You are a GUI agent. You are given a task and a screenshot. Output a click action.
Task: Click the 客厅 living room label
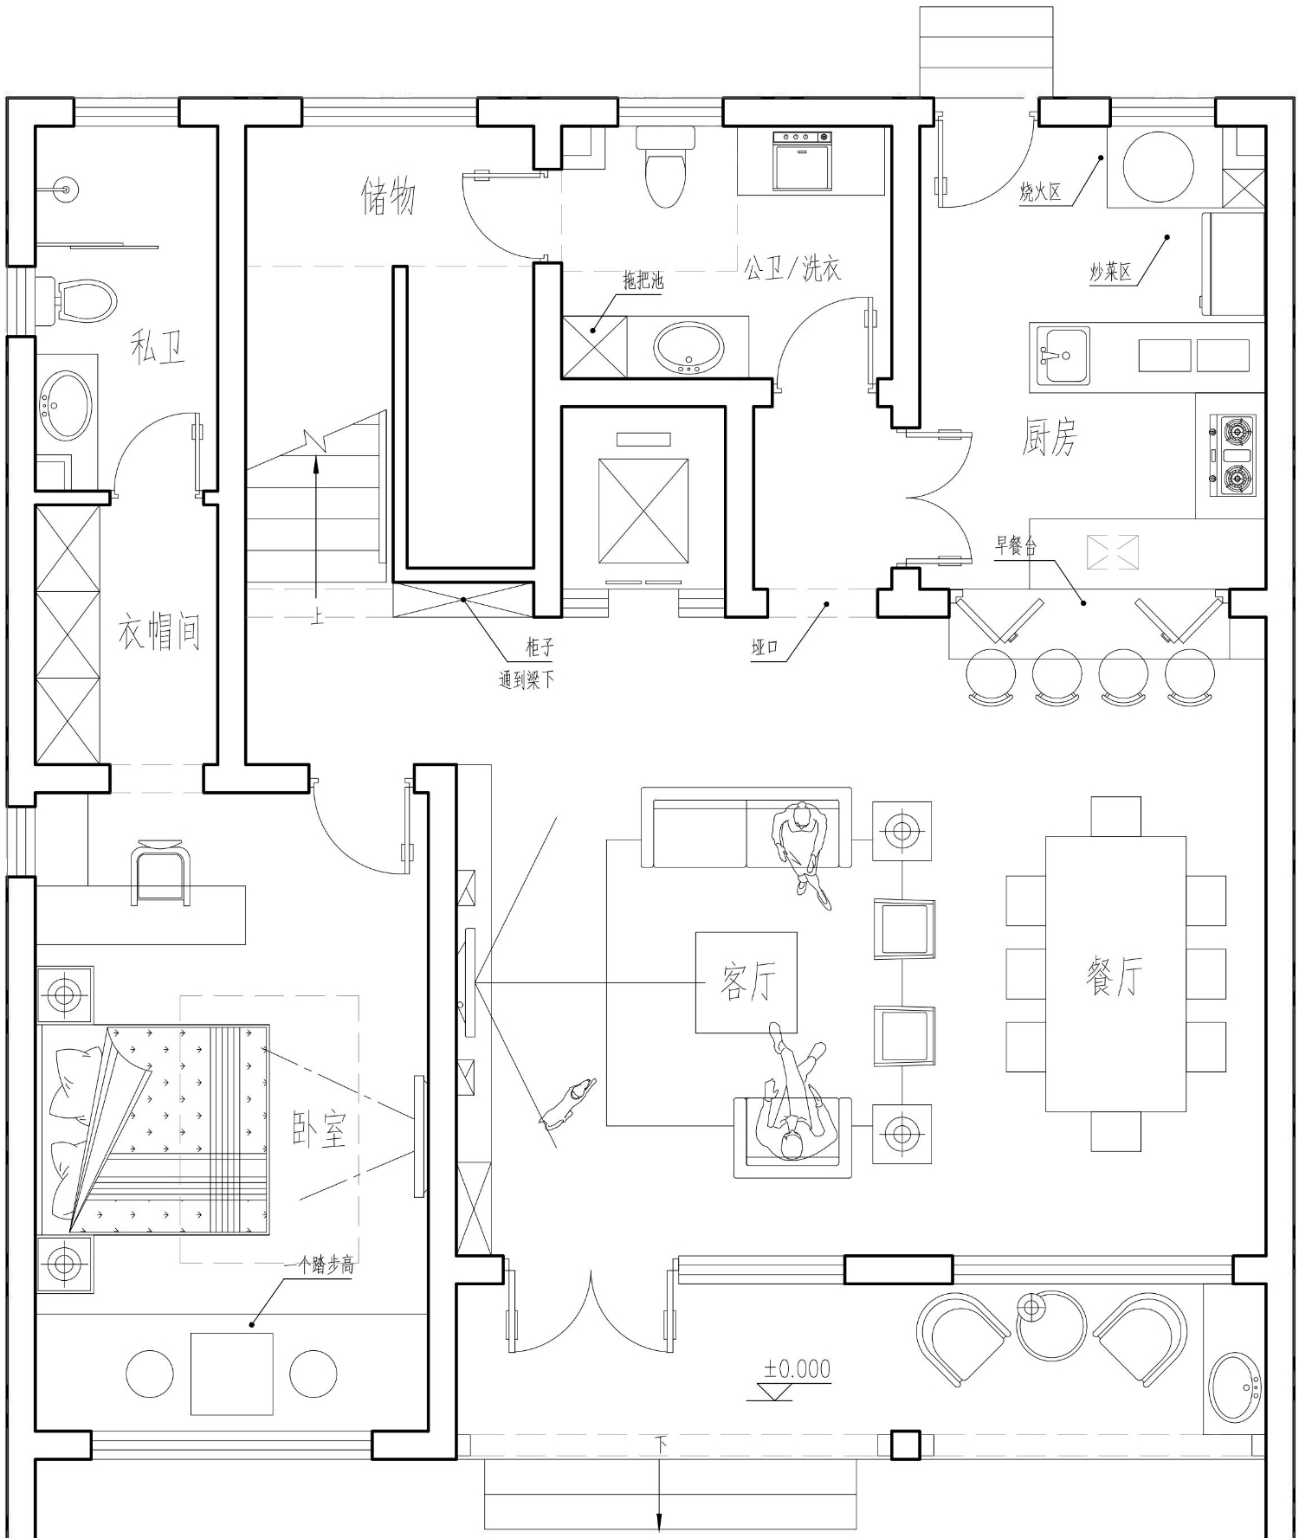747,981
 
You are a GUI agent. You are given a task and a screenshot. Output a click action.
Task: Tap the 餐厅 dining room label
1114,975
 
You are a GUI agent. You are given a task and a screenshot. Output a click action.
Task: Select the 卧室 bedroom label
319,1128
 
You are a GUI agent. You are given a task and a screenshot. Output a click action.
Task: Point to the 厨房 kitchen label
1049,437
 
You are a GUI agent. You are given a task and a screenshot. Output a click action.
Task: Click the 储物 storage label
388,196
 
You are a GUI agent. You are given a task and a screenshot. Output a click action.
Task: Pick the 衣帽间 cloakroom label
159,632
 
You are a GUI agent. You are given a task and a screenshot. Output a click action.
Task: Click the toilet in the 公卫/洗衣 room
665,166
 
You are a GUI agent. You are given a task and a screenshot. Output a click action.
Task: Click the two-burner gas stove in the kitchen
1232,456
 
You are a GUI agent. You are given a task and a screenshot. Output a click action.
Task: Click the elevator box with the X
643,512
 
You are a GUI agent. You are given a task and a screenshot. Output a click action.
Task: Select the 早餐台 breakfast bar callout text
1015,545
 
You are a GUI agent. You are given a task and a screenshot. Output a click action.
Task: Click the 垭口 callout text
765,647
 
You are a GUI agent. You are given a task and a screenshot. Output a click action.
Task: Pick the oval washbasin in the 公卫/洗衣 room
688,349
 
